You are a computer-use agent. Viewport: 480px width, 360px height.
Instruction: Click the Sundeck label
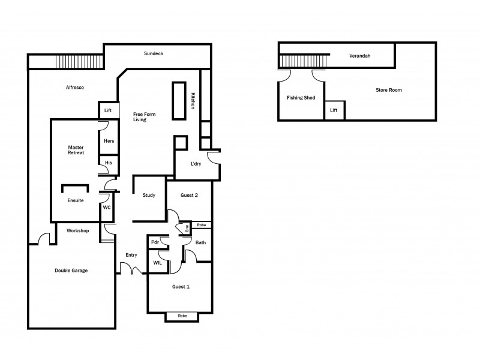point(154,54)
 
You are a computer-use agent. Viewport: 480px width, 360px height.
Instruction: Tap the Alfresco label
point(74,88)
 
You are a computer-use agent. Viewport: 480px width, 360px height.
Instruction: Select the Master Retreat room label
point(76,150)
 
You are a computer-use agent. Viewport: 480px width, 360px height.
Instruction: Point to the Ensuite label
point(75,200)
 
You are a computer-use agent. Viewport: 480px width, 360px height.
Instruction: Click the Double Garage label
point(71,271)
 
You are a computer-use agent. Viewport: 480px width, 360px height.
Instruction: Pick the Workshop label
point(77,230)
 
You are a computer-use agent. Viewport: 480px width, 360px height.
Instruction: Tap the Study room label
point(149,196)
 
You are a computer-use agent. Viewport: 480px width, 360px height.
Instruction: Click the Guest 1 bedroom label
point(181,287)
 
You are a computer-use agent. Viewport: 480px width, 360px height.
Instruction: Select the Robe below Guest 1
point(182,316)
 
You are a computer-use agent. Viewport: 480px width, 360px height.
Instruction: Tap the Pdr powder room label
point(154,242)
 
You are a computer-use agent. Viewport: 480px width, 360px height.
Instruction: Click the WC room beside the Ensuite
point(106,207)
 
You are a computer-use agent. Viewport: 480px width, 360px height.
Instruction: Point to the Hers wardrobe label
point(109,142)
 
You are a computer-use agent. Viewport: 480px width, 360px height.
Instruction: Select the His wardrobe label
point(108,163)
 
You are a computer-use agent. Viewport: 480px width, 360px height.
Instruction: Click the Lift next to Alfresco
point(108,110)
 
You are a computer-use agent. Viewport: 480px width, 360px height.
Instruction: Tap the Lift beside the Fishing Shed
point(334,110)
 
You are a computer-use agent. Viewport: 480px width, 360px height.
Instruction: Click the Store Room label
point(388,90)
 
